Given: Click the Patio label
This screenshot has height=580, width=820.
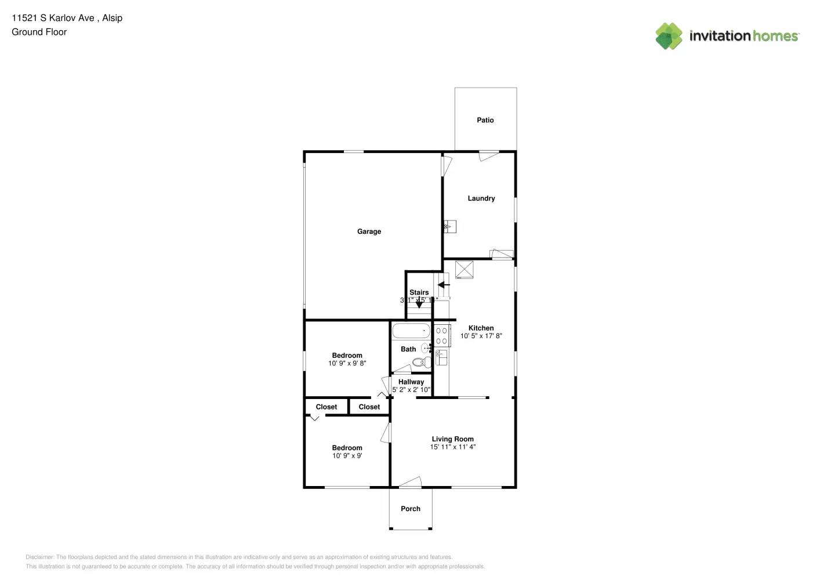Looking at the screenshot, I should point(485,120).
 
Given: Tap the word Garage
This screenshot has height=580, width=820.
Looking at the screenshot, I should point(369,231).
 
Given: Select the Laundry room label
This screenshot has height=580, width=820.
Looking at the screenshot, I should point(481,198).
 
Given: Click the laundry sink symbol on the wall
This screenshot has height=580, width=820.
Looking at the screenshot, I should point(449,226).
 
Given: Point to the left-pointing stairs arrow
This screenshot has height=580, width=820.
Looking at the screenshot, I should point(444,285).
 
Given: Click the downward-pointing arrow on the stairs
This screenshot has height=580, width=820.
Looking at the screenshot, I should point(419,303).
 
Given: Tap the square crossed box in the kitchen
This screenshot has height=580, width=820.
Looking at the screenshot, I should point(464,270).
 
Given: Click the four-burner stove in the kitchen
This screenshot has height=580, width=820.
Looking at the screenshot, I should point(441,336).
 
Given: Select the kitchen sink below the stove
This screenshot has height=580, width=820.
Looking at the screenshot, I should point(441,357).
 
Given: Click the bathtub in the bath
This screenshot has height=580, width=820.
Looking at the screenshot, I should point(411,331).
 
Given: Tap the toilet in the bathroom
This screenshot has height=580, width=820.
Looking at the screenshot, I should point(420,362).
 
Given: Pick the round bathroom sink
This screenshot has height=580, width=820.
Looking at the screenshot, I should point(425,348).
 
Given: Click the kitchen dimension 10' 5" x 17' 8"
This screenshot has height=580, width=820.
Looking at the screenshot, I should point(481,336).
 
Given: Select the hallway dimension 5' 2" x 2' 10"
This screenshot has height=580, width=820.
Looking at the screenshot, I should point(411,390).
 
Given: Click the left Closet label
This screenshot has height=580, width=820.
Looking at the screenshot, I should point(326,407).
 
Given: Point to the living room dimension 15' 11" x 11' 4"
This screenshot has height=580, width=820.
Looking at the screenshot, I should point(452,447).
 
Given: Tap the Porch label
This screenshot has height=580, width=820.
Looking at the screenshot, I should point(410,509).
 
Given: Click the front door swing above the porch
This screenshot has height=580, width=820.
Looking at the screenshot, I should point(410,482).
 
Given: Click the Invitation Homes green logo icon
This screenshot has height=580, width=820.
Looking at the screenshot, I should point(669,36).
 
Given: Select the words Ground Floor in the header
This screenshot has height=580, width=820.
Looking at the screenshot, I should point(39,32).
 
